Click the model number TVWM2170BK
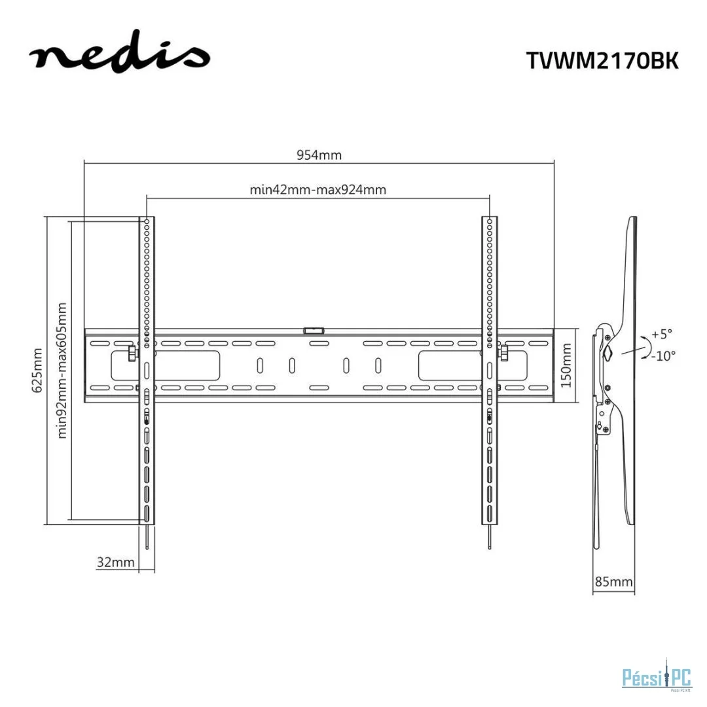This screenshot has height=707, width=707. coord(602,60)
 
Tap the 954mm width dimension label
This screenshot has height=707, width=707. coord(319,155)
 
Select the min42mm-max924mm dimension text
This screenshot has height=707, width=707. coord(318,189)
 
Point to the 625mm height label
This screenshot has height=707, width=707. coord(37,370)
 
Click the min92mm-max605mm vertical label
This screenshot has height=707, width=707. coord(62,370)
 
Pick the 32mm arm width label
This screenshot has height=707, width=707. coord(115,562)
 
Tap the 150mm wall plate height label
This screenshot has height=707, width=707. coord(566,365)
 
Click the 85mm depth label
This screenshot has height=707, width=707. coord(613,582)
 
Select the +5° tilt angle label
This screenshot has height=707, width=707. coord(662,334)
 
